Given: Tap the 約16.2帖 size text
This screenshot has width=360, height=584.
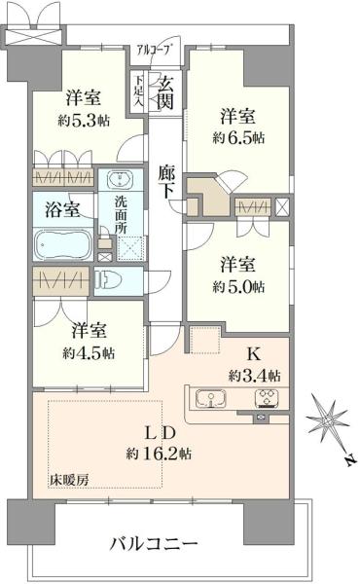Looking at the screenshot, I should [159, 454].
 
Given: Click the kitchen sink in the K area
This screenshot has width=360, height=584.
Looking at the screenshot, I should [211, 398].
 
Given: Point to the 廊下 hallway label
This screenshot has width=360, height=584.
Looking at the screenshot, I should [165, 181].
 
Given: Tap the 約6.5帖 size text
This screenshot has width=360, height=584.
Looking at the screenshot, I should [239, 137].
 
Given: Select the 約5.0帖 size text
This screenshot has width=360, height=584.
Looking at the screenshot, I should [239, 287].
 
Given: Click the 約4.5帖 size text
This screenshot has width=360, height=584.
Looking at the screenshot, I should [85, 351].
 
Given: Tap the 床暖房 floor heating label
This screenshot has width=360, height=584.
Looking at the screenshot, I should [70, 481].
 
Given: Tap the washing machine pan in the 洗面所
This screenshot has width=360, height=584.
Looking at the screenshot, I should [128, 247].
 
